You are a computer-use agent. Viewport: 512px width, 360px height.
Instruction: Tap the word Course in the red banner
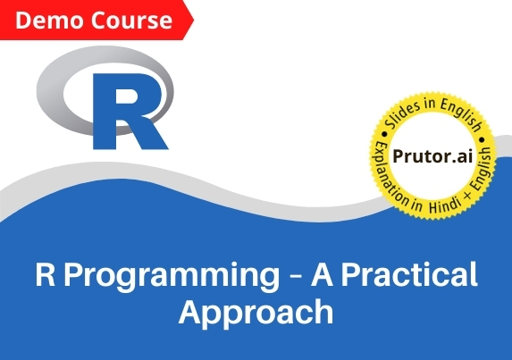(x=131, y=21)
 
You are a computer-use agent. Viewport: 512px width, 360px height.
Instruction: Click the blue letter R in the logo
(x=129, y=112)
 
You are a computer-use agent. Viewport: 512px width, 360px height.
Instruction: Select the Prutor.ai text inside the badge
(x=432, y=156)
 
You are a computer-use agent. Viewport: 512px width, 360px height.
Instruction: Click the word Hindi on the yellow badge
(x=445, y=205)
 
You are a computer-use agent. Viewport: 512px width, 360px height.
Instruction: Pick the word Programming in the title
(x=172, y=276)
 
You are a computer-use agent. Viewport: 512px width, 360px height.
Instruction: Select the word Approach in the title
(x=256, y=313)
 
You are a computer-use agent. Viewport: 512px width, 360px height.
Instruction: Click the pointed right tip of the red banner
(x=193, y=21)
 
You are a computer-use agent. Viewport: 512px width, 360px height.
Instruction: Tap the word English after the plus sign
(x=482, y=169)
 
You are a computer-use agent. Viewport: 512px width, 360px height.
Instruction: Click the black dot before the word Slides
(x=384, y=134)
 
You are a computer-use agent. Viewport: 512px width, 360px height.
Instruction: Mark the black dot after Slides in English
(x=482, y=140)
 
